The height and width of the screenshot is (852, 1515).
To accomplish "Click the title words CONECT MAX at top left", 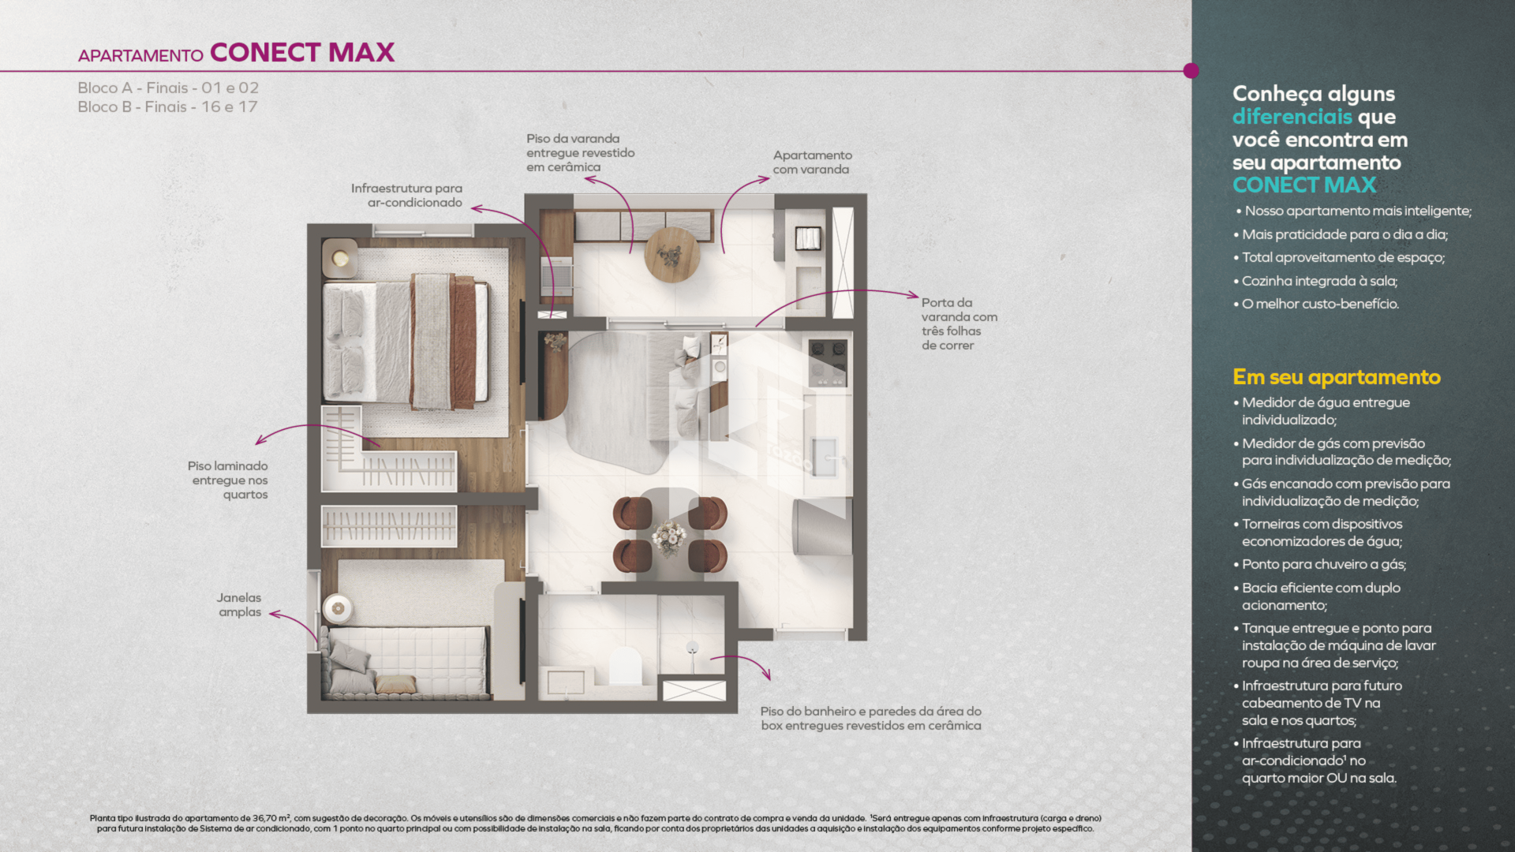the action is pos(302,52).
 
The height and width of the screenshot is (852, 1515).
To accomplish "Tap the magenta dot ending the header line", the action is pos(1191,71).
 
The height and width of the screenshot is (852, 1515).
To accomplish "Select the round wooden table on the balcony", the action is pos(672,254).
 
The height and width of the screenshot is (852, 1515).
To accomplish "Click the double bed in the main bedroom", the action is pos(406,342).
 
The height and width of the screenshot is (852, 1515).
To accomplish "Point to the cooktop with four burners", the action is pos(828,361).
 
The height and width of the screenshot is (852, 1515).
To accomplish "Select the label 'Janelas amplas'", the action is pos(239,605).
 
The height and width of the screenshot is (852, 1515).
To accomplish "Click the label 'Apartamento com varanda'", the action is pos(812,163).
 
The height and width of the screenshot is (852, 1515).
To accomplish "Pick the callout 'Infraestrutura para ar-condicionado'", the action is pos(407,196).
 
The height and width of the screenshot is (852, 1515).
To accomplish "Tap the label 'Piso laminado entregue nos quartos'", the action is pos(229,480).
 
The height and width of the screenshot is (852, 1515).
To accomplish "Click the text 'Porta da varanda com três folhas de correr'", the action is pos(959,324).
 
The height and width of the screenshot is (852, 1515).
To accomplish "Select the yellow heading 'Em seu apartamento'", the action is pos(1337,377).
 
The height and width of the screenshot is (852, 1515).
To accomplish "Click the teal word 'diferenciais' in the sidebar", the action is pos(1292,117).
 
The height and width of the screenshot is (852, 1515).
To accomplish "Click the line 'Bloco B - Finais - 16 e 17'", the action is pos(167,107).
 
